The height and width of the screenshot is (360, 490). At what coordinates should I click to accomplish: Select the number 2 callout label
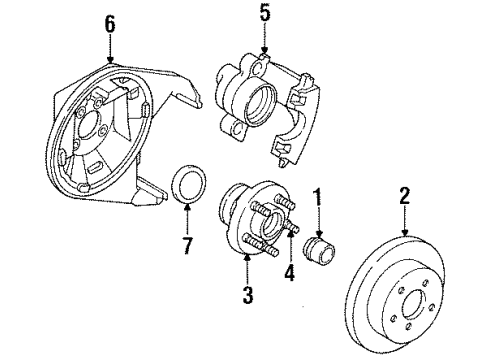(x=405, y=195)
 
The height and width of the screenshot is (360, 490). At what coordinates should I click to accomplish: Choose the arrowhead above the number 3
(x=248, y=259)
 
